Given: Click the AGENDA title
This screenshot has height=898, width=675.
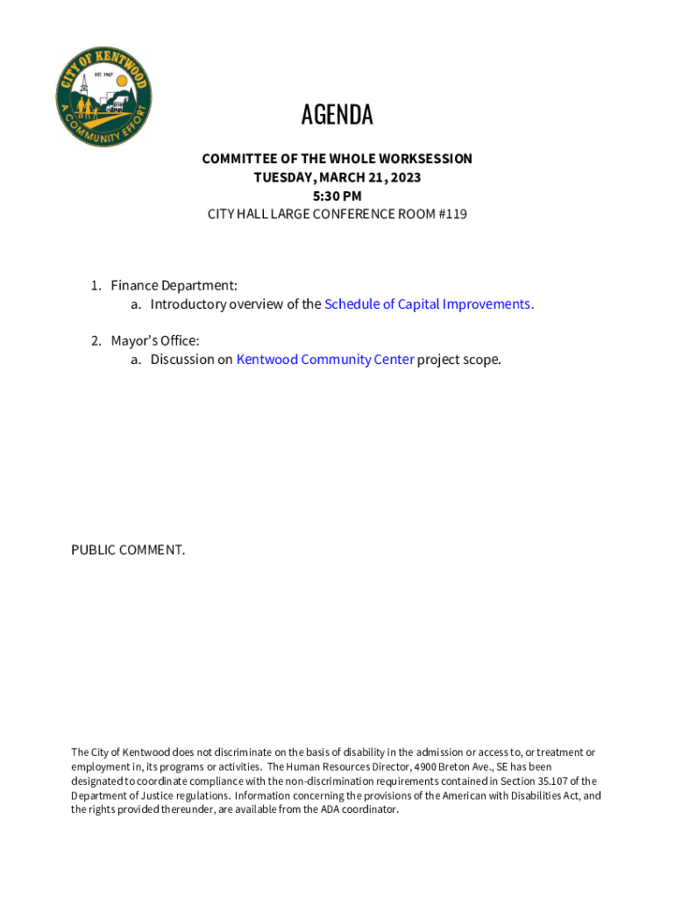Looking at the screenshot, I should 337,115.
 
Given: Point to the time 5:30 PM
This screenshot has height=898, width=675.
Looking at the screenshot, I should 337,196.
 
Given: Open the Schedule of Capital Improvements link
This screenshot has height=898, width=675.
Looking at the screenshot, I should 427,304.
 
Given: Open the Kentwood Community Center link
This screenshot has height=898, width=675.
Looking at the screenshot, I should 325,360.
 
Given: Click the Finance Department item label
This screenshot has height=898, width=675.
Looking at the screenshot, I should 174,286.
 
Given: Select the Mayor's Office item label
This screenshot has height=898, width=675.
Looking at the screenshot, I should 154,340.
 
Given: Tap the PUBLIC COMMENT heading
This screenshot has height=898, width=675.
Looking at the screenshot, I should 128,550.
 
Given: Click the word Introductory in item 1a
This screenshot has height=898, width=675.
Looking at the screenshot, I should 188,304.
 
